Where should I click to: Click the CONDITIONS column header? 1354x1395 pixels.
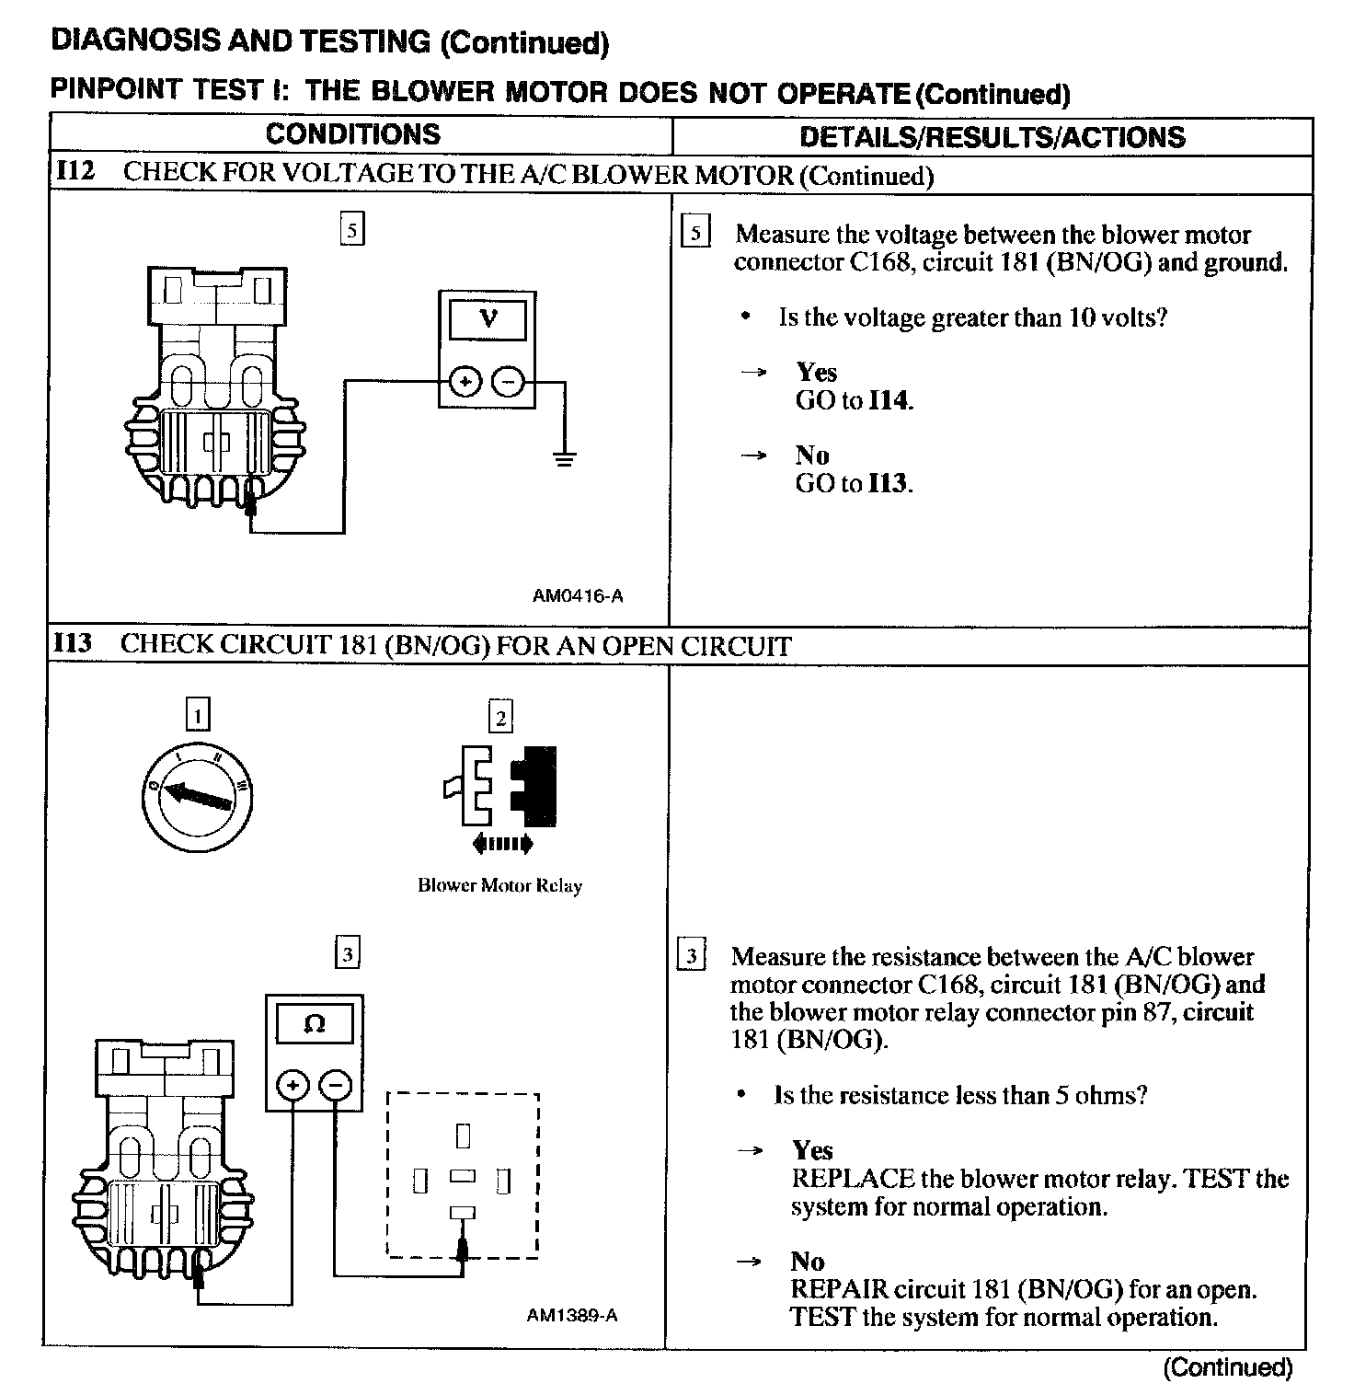pos(353,134)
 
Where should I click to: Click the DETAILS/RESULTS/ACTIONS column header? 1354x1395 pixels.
pos(993,137)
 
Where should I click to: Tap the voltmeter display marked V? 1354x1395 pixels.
pos(488,319)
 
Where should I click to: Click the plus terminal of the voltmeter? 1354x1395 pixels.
pos(465,381)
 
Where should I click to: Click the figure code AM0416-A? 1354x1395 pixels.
pos(578,595)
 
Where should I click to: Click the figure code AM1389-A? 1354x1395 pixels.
pos(572,1315)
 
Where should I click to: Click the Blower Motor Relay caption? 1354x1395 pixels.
pos(499,885)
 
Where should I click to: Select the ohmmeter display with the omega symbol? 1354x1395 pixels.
pos(315,1023)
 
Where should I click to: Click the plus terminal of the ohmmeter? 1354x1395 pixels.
pos(293,1086)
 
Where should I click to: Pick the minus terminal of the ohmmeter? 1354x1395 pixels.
pos(335,1086)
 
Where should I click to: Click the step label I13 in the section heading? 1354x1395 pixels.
pos(73,642)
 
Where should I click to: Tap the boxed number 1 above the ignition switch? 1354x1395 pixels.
pos(198,715)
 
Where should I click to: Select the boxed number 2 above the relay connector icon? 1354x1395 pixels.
pos(500,717)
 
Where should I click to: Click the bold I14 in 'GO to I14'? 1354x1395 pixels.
pos(889,400)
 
